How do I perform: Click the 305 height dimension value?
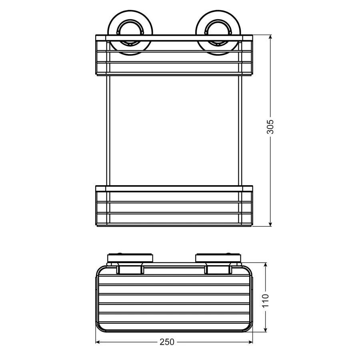coord(271,126)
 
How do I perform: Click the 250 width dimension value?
coord(167,342)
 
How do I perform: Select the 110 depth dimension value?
coord(266,301)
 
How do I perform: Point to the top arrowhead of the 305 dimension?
coord(271,37)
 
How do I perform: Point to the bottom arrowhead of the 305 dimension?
coord(271,224)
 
